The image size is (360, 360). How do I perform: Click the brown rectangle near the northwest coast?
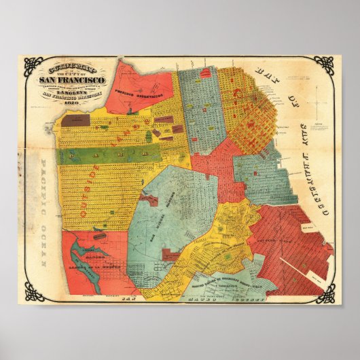coord(75,121)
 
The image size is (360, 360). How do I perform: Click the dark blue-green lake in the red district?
coord(92,272)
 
